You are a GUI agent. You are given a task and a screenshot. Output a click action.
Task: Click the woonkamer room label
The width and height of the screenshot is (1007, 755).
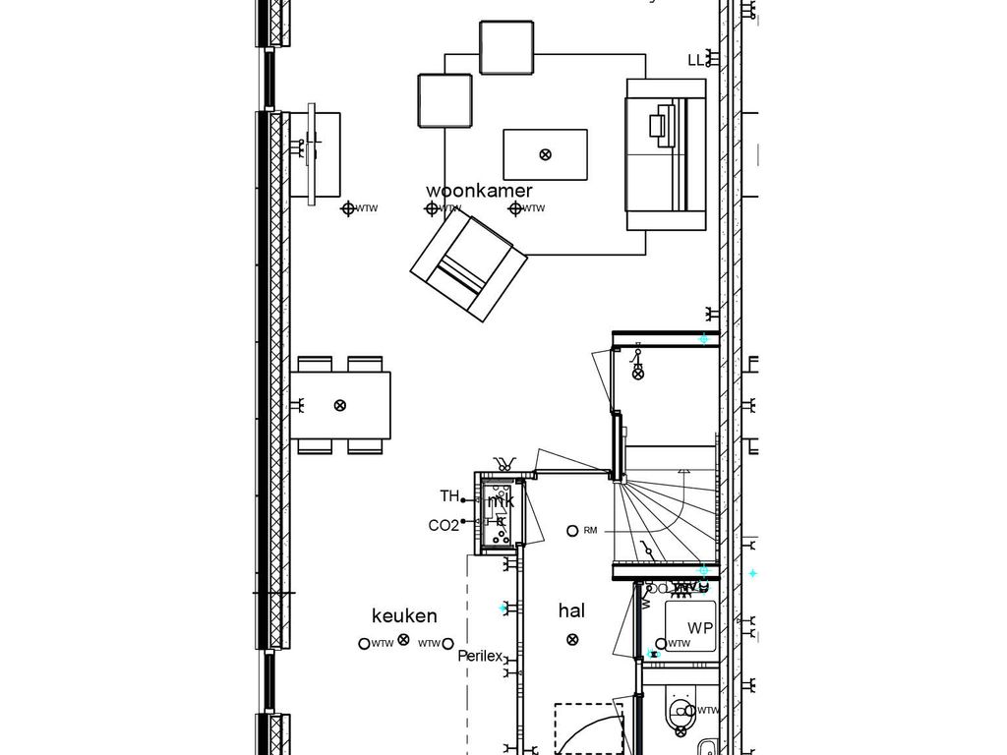point(479,191)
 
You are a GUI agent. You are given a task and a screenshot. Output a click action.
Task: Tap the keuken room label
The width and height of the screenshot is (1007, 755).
point(404,616)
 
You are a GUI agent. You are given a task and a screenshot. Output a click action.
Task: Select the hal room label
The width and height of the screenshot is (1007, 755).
point(571,610)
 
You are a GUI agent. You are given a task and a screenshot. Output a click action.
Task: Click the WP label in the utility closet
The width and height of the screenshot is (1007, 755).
point(699,628)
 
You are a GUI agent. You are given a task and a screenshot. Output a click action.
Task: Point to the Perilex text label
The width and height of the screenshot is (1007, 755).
point(480,656)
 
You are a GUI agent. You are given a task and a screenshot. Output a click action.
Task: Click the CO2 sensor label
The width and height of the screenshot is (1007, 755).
point(444,526)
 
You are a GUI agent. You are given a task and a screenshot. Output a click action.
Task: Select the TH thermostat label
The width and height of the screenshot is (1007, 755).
point(449,496)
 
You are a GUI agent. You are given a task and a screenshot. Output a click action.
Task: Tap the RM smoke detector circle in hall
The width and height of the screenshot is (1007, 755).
point(572,531)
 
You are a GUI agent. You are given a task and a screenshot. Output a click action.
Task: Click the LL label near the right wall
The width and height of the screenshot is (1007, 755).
point(696,61)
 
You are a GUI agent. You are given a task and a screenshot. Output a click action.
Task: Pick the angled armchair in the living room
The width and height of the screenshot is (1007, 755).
point(468,266)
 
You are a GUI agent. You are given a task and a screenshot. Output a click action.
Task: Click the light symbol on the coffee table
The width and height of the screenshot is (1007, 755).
point(546,154)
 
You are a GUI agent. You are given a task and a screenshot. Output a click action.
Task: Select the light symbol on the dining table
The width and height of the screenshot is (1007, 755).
point(340,405)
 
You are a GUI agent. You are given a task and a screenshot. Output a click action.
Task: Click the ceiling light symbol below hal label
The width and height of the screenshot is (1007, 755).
point(572,640)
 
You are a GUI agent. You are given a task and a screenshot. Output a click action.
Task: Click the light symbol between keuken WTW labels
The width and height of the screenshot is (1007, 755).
point(403,641)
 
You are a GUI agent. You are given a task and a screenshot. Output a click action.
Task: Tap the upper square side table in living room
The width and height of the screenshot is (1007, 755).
point(506,46)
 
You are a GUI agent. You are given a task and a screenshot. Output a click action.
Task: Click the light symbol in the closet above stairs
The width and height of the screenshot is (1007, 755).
point(637,373)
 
